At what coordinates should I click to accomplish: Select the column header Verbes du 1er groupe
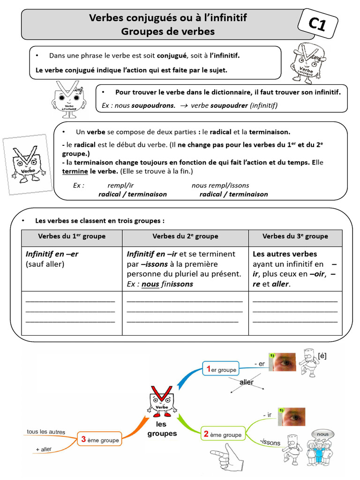(72, 236)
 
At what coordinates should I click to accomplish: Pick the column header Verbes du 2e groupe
(185, 236)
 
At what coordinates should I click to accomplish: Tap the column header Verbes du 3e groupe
(295, 236)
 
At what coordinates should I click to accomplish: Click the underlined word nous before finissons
(150, 284)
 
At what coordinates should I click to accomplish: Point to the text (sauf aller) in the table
(45, 264)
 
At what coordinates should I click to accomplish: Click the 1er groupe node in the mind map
(220, 369)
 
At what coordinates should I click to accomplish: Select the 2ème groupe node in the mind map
(222, 434)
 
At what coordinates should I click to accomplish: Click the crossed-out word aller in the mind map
(247, 382)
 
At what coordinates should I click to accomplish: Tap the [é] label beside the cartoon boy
(322, 356)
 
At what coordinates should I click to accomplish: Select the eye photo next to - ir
(291, 417)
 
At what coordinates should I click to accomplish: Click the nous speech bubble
(322, 434)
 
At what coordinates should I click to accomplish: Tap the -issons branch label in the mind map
(270, 442)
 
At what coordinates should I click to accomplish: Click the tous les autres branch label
(46, 432)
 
